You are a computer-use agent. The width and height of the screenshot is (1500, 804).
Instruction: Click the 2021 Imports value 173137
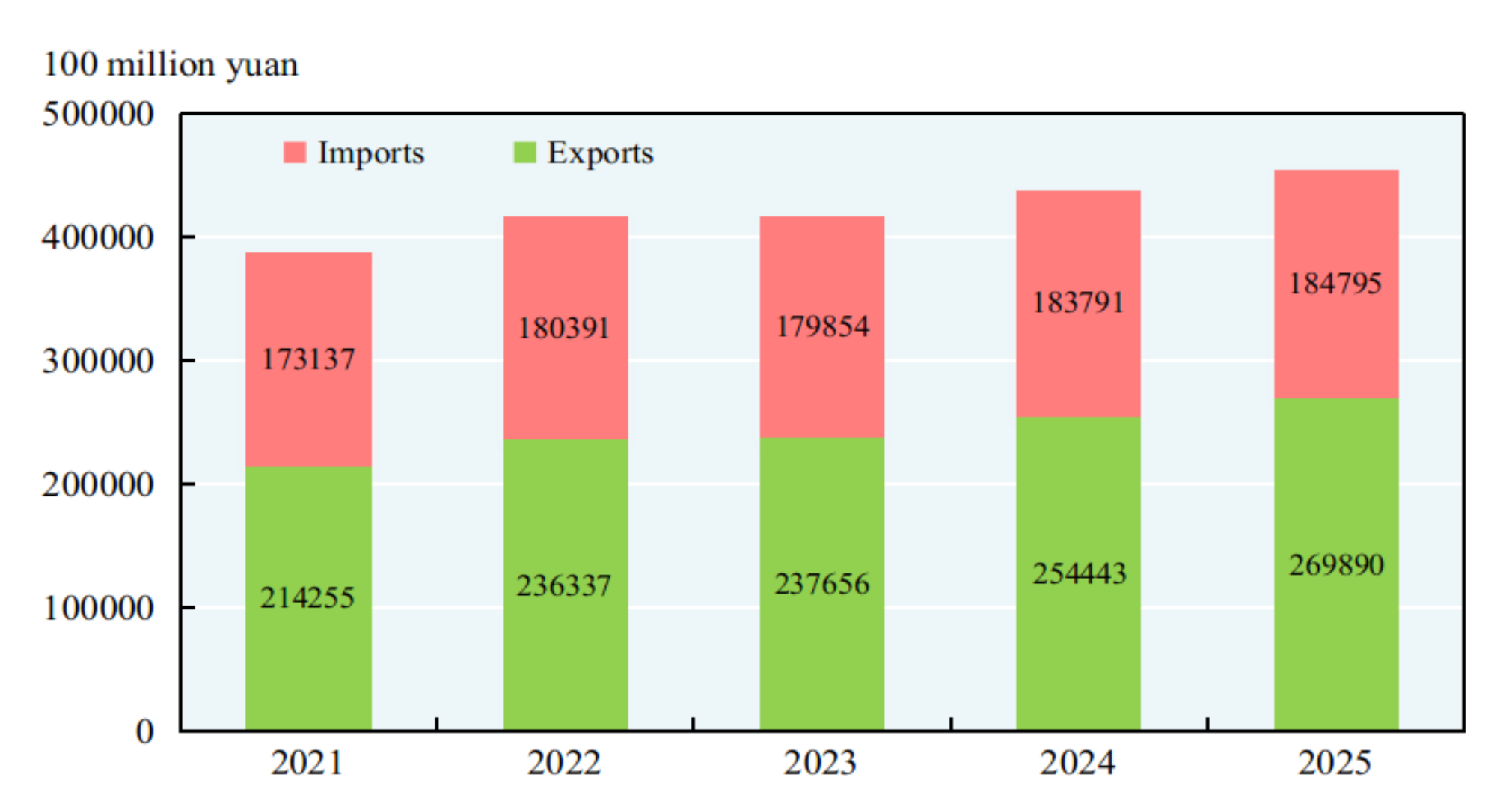307,359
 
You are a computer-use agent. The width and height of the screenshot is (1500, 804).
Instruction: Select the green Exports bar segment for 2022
565,659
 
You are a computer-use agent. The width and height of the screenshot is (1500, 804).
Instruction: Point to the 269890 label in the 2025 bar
1336,565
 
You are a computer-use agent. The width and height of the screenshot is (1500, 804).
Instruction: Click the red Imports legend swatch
295,153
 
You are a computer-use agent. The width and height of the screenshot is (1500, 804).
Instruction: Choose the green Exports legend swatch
524,153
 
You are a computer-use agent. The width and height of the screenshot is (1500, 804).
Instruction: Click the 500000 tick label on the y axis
98,115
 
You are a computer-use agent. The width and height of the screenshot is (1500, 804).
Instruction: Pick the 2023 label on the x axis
821,763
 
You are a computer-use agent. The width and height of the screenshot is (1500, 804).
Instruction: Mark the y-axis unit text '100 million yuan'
171,64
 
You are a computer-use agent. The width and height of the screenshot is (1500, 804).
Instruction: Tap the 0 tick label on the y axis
144,731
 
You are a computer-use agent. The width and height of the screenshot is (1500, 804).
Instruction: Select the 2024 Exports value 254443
1079,574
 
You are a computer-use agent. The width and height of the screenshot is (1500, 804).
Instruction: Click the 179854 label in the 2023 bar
822,326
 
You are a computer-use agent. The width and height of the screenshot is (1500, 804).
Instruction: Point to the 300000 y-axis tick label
98,361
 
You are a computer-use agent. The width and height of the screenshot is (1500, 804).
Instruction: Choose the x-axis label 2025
1335,763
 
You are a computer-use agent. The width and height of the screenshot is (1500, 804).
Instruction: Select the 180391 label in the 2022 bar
564,329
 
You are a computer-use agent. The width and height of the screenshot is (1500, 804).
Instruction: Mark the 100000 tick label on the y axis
98,608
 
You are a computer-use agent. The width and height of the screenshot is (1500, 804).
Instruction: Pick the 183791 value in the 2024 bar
1078,303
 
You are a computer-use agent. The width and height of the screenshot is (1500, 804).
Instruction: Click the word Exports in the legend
600,153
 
